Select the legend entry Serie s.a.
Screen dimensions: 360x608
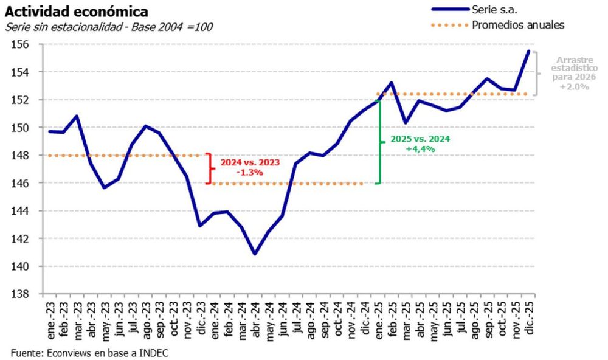pyautogui.click(x=492, y=9)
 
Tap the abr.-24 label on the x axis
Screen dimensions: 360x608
pyautogui.click(x=255, y=317)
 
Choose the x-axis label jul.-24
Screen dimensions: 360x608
pyautogui.click(x=296, y=317)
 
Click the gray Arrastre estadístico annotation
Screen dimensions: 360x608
pyautogui.click(x=575, y=74)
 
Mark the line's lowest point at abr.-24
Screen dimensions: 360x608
pyautogui.click(x=255, y=254)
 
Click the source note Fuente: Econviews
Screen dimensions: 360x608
pyautogui.click(x=89, y=352)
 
